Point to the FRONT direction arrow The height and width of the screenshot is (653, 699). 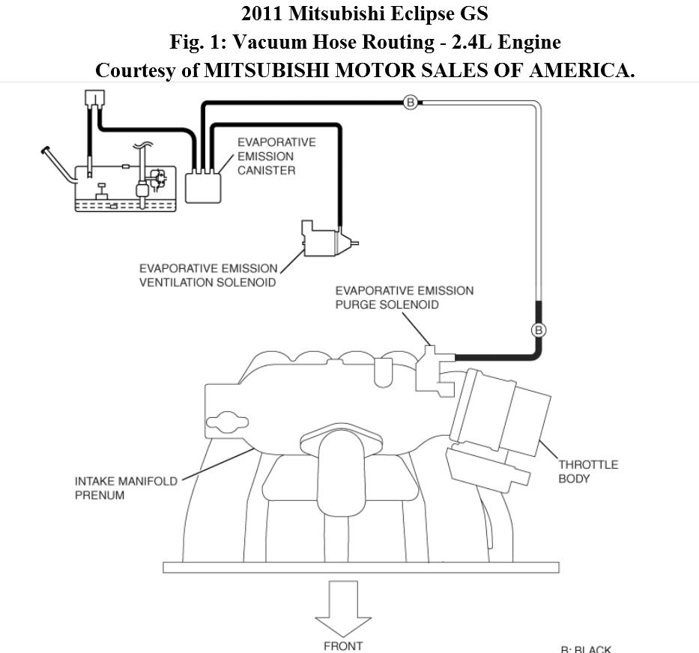tap(343, 608)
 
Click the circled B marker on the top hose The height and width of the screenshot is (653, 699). tap(410, 103)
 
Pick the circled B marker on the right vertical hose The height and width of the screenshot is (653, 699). tap(538, 329)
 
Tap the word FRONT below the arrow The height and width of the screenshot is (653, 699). tap(342, 646)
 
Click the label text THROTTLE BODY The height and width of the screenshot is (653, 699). tap(587, 471)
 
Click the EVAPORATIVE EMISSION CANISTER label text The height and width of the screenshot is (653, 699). tap(276, 156)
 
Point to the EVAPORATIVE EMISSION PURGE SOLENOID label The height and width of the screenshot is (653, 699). tap(404, 297)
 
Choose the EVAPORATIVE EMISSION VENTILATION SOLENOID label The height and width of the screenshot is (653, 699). tap(208, 275)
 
